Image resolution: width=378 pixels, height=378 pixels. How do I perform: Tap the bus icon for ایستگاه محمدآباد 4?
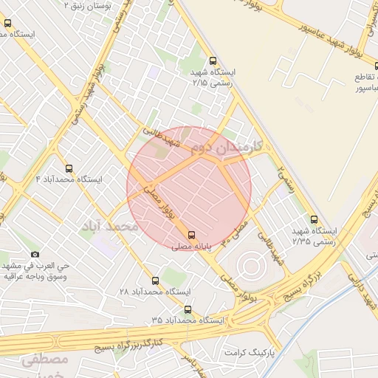(x=69, y=168)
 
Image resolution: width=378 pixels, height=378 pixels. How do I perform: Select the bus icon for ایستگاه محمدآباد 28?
(x=155, y=281)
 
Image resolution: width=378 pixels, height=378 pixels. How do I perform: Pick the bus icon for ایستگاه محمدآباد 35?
(x=188, y=309)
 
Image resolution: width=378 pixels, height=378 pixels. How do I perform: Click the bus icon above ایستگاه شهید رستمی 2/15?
(x=213, y=61)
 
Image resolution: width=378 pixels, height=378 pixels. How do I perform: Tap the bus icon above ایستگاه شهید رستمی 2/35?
(x=314, y=219)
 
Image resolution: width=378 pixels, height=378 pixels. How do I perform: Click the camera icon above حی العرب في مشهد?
(x=34, y=254)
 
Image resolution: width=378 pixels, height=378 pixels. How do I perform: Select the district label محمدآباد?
(x=109, y=224)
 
